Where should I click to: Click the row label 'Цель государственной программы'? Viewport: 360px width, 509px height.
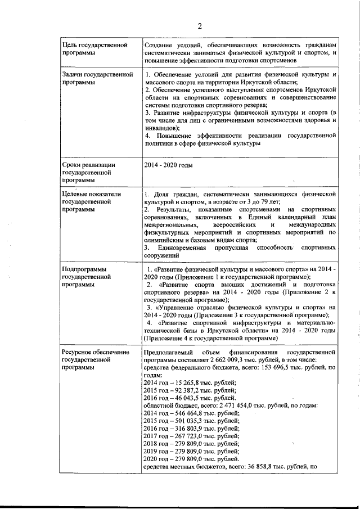[94, 48]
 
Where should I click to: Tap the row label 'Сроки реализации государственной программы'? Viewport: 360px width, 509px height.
[89, 173]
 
